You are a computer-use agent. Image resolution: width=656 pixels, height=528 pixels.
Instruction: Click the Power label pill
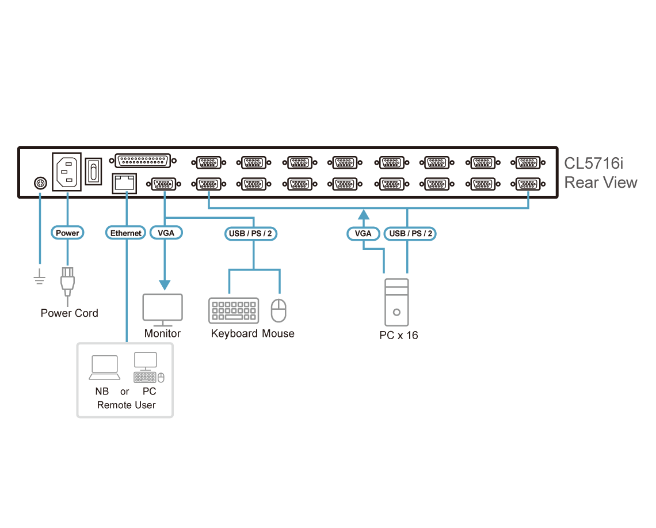(x=68, y=233)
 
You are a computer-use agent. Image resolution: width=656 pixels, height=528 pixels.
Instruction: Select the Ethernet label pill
(x=125, y=233)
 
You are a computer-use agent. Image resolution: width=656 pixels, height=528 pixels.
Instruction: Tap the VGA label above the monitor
(x=166, y=233)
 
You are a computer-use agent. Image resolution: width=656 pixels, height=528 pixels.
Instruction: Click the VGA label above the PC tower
(x=363, y=234)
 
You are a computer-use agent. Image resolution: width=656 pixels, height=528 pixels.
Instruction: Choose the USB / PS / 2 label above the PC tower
(x=410, y=234)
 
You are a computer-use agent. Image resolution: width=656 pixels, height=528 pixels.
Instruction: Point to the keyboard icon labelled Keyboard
(x=234, y=310)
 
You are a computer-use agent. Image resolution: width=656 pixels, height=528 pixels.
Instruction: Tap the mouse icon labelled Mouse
(x=279, y=311)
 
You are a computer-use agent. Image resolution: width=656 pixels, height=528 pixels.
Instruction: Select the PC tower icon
(x=396, y=302)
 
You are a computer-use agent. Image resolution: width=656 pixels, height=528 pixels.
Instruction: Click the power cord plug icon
(x=68, y=282)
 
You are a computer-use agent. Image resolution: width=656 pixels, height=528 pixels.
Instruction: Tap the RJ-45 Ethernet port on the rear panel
(x=124, y=183)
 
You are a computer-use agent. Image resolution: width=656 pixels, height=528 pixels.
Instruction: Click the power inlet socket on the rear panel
(x=67, y=171)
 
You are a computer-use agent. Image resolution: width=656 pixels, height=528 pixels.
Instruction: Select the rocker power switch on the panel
(x=94, y=171)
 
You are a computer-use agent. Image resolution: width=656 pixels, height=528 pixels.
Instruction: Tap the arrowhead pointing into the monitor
(x=165, y=285)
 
